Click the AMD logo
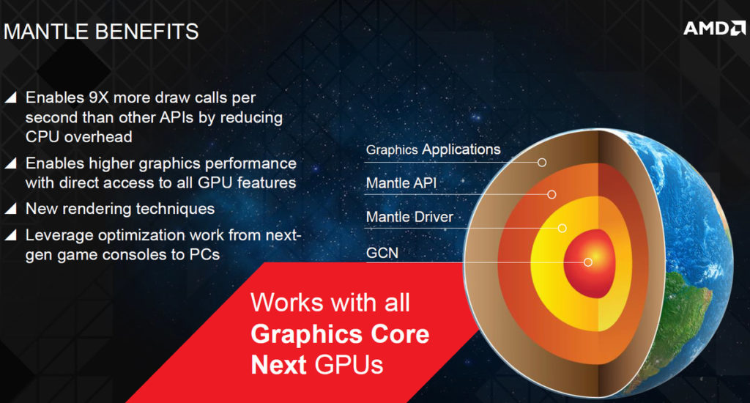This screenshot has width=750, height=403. click(x=714, y=29)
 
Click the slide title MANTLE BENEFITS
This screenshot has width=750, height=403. click(x=101, y=32)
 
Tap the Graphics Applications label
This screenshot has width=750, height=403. click(x=433, y=149)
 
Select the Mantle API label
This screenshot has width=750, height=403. click(x=401, y=183)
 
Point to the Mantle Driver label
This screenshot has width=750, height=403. click(x=409, y=218)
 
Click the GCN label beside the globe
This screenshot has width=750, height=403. click(x=382, y=253)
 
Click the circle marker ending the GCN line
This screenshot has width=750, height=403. click(x=588, y=262)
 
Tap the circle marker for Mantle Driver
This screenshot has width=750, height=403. click(x=562, y=229)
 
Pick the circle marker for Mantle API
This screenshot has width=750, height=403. click(x=552, y=194)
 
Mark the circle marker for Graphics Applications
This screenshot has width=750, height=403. click(x=541, y=162)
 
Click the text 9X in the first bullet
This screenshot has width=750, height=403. click(x=99, y=97)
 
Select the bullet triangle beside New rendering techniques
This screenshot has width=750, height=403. click(x=10, y=207)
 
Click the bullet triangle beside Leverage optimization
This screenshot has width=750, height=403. click(x=10, y=234)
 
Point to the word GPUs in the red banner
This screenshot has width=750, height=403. click(x=349, y=365)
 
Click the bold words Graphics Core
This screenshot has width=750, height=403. click(x=340, y=334)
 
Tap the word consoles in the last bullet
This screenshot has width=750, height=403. click(x=129, y=255)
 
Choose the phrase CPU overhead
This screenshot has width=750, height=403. click(x=79, y=137)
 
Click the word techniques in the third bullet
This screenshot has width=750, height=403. click(x=175, y=209)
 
